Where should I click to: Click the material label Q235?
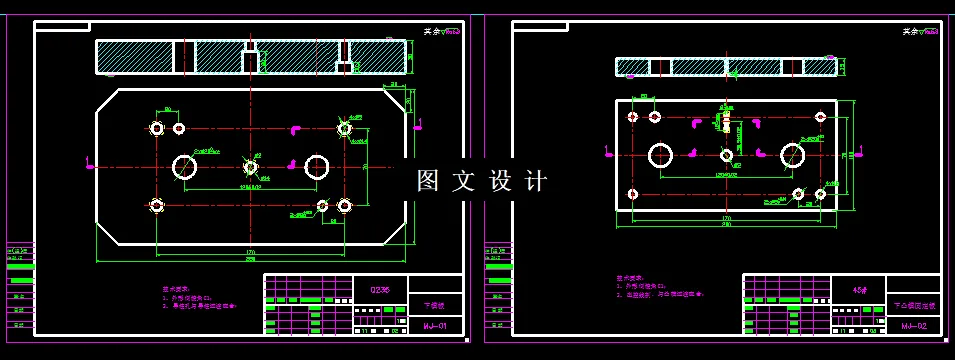[x=381, y=290]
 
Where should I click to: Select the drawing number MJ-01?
[x=435, y=326]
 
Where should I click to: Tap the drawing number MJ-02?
[x=914, y=326]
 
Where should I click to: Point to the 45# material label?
[x=860, y=290]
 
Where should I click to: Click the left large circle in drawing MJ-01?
[x=185, y=166]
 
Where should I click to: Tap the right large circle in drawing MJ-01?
[x=317, y=166]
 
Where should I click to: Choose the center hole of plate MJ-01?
[x=250, y=166]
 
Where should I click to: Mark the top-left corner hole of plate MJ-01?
[x=157, y=128]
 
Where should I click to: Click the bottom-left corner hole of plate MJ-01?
[x=157, y=205]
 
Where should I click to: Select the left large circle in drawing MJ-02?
[x=660, y=155]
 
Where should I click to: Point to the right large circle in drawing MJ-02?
[x=793, y=154]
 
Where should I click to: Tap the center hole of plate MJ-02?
[x=727, y=155]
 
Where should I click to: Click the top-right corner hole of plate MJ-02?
[x=820, y=117]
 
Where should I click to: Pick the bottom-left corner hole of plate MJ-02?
[x=632, y=193]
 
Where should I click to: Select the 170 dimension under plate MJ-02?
[x=726, y=217]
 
